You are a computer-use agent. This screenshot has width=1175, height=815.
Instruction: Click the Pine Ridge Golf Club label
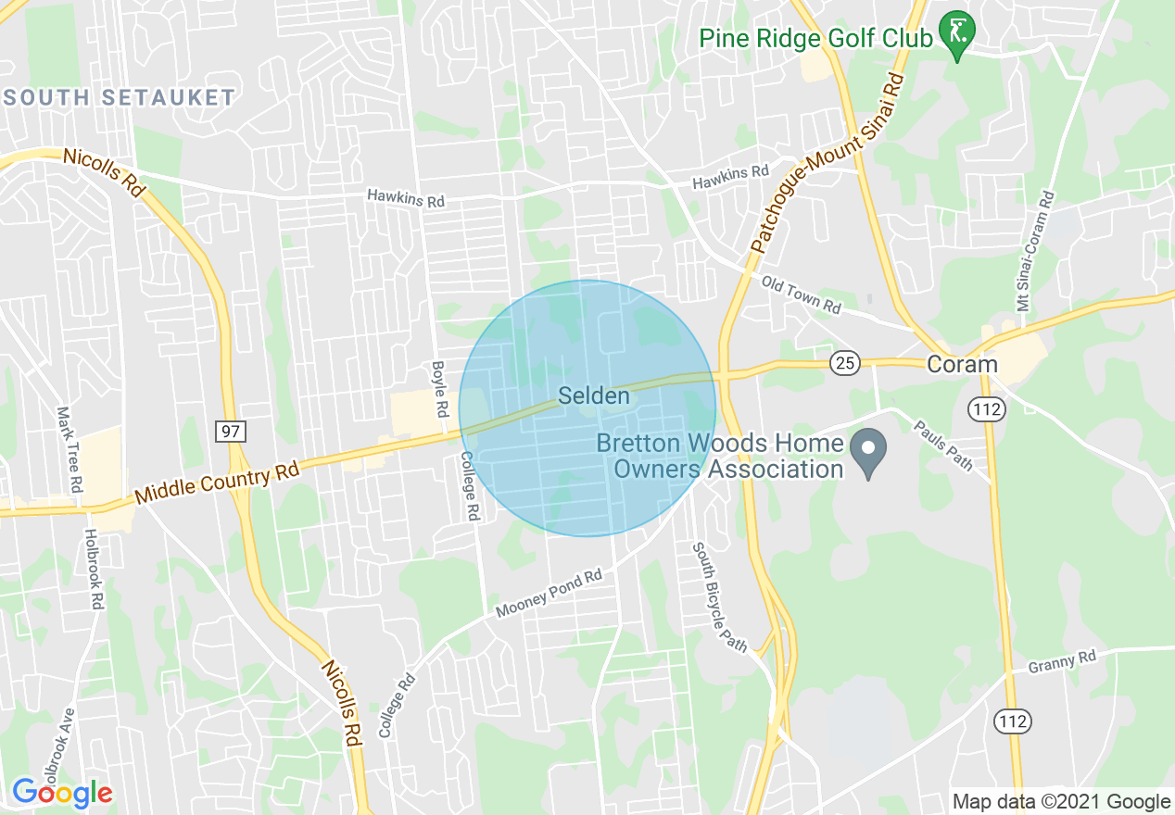point(815,39)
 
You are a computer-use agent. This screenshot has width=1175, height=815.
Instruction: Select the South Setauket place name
point(120,97)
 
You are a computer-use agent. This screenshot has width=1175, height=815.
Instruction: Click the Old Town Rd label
point(801,294)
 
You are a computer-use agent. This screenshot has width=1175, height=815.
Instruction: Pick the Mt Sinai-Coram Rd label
point(1035,251)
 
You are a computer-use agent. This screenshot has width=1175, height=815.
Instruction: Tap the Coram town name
point(962,364)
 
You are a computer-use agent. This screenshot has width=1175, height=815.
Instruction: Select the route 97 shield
point(230,431)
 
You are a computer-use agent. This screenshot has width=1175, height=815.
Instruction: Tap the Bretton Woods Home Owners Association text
point(720,456)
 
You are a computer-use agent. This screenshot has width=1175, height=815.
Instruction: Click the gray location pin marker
point(868,454)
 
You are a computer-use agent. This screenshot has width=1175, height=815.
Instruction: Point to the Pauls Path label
point(943,445)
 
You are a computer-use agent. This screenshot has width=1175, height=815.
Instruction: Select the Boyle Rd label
point(440,388)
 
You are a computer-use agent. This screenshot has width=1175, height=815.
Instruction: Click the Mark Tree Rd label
point(69,449)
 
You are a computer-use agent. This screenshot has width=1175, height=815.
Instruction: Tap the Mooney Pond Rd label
point(549,595)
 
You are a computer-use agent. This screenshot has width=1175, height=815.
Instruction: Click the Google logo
point(62,793)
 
